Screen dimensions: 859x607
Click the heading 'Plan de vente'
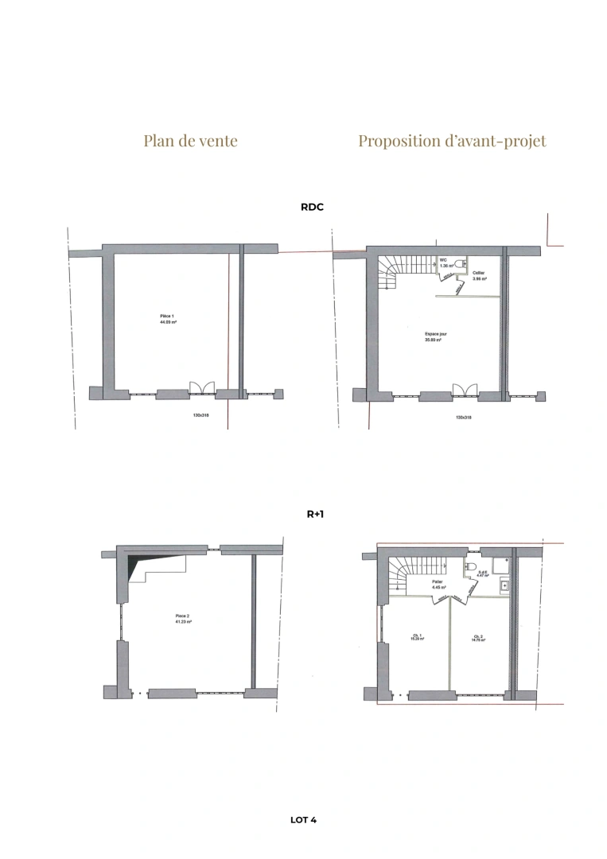pyautogui.click(x=190, y=141)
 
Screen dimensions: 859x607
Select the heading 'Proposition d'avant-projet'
pyautogui.click(x=452, y=141)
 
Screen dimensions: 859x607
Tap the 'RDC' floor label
pyautogui.click(x=312, y=207)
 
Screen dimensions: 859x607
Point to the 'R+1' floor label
pyautogui.click(x=315, y=515)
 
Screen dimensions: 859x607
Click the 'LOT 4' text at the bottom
pyautogui.click(x=304, y=819)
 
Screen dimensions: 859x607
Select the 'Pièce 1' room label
pyautogui.click(x=168, y=318)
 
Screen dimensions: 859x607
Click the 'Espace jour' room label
pyautogui.click(x=435, y=336)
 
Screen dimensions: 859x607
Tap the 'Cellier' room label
pyautogui.click(x=479, y=275)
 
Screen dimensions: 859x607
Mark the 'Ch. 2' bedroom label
pyautogui.click(x=477, y=637)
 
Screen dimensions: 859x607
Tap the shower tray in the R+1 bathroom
pyautogui.click(x=500, y=565)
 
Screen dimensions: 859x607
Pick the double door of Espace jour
pyautogui.click(x=464, y=388)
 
